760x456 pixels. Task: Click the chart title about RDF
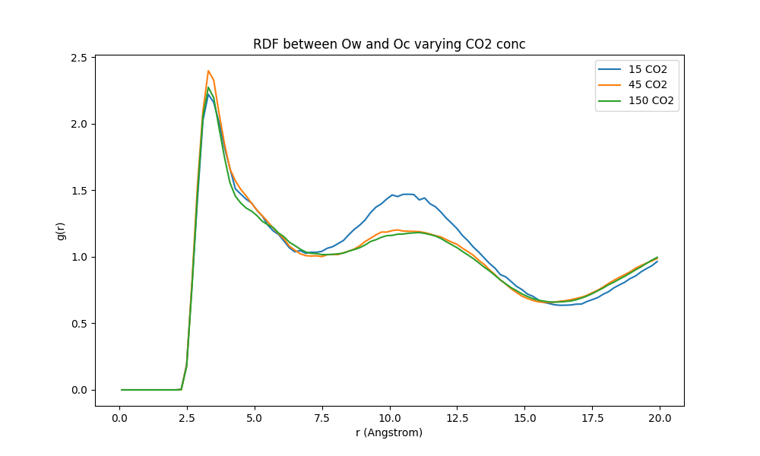pyautogui.click(x=389, y=44)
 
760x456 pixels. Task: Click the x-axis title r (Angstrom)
pyautogui.click(x=389, y=433)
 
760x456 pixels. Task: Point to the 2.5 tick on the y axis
pyautogui.click(x=78, y=58)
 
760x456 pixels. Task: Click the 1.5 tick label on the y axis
pyautogui.click(x=78, y=191)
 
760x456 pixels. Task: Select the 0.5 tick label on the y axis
pyautogui.click(x=78, y=324)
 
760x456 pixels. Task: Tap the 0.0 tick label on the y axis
pyautogui.click(x=78, y=390)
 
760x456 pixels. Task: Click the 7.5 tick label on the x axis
pyautogui.click(x=322, y=418)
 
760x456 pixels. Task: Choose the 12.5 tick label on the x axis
pyautogui.click(x=457, y=418)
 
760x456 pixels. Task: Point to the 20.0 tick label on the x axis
pyautogui.click(x=660, y=418)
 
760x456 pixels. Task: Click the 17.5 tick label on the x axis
pyautogui.click(x=592, y=418)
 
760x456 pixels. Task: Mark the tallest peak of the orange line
pyautogui.click(x=208, y=71)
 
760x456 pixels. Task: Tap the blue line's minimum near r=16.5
pyautogui.click(x=563, y=305)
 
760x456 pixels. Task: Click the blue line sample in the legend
pyautogui.click(x=610, y=68)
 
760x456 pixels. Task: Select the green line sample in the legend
pyautogui.click(x=610, y=100)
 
